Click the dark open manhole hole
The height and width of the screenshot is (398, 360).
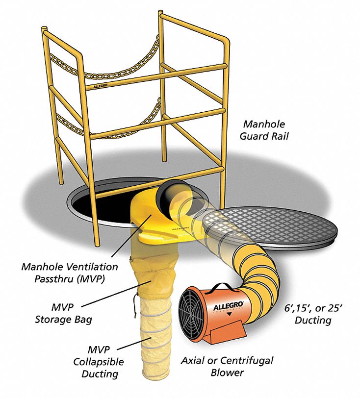(93, 200)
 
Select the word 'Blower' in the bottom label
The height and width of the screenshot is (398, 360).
(227, 373)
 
